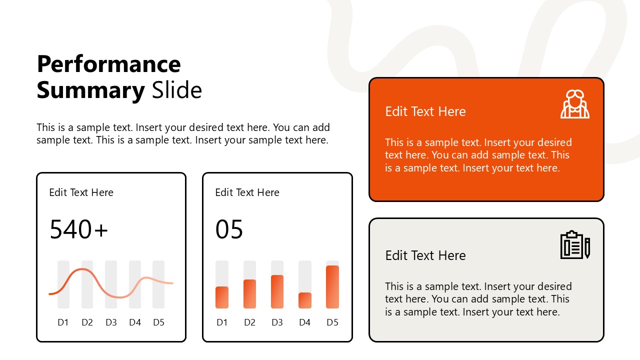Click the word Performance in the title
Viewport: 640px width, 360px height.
click(108, 64)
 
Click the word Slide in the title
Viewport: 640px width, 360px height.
click(176, 90)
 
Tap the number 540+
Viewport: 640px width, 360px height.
click(78, 229)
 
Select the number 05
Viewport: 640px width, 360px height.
click(229, 229)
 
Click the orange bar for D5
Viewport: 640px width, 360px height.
click(332, 287)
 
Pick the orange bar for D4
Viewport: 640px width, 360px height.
click(305, 300)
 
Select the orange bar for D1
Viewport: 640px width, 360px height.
click(222, 297)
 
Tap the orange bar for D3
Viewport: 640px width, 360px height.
click(277, 291)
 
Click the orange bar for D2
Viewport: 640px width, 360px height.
click(249, 294)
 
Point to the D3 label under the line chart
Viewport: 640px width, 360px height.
click(111, 322)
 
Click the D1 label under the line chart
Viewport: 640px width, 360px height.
click(63, 322)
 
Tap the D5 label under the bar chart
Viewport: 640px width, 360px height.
click(332, 322)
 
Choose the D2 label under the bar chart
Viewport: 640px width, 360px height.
click(249, 322)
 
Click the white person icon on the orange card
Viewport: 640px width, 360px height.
click(574, 104)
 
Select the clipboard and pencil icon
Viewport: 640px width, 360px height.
click(575, 245)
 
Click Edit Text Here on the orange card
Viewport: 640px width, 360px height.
click(425, 111)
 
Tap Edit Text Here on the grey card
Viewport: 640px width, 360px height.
click(425, 255)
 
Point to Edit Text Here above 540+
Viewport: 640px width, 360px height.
click(81, 192)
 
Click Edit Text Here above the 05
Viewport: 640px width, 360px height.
click(247, 192)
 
